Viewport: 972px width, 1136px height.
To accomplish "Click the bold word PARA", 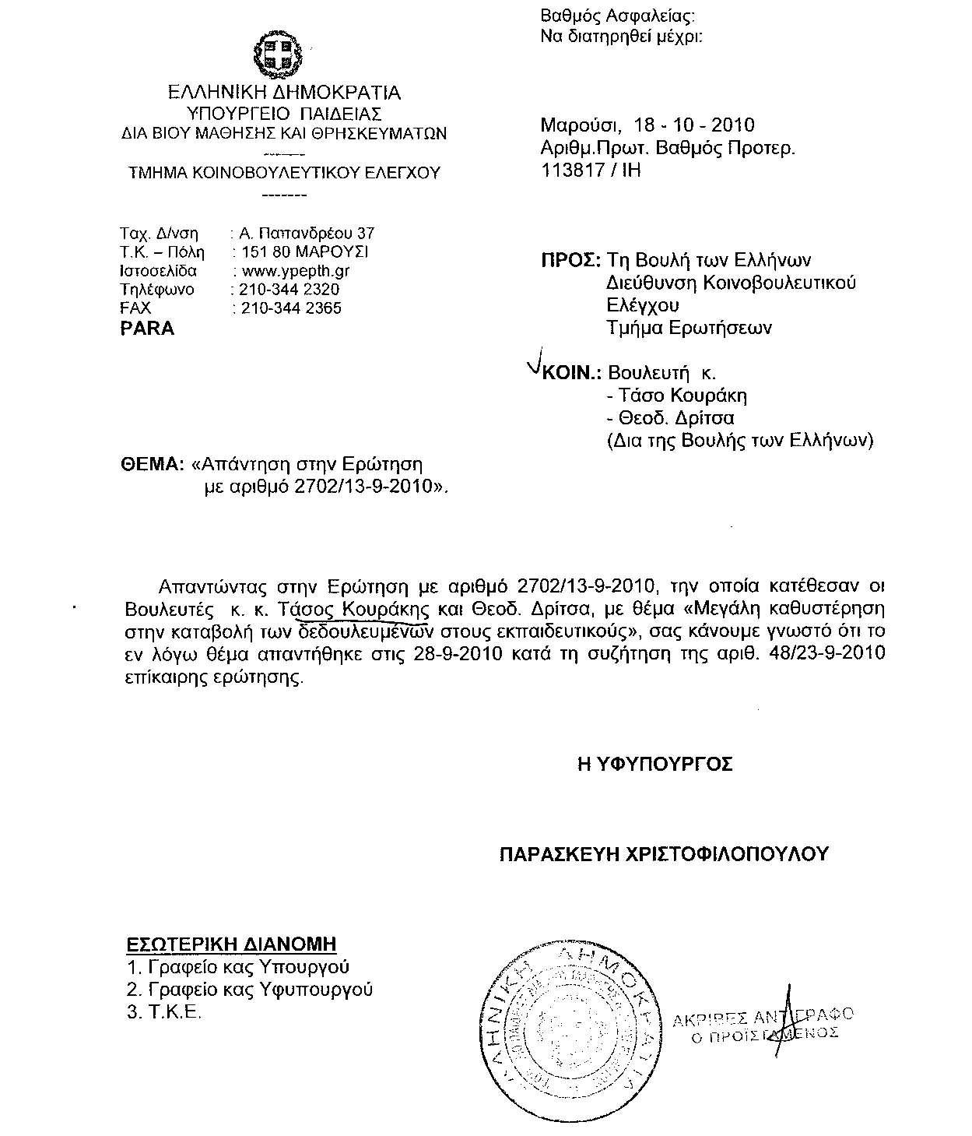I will click(147, 329).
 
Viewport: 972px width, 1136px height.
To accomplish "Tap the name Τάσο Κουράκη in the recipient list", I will click(681, 395).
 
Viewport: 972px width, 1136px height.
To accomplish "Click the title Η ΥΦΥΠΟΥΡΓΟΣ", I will click(654, 765).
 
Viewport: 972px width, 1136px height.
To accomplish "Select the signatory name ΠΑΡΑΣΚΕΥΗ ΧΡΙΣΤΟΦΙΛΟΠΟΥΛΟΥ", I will click(663, 854).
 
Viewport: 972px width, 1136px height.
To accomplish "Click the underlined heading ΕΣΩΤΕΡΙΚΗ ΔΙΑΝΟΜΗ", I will click(231, 944).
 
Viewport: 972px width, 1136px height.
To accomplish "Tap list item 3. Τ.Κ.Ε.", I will click(164, 1012).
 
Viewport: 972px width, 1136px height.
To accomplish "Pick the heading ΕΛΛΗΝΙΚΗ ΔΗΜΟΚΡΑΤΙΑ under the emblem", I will click(285, 93).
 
